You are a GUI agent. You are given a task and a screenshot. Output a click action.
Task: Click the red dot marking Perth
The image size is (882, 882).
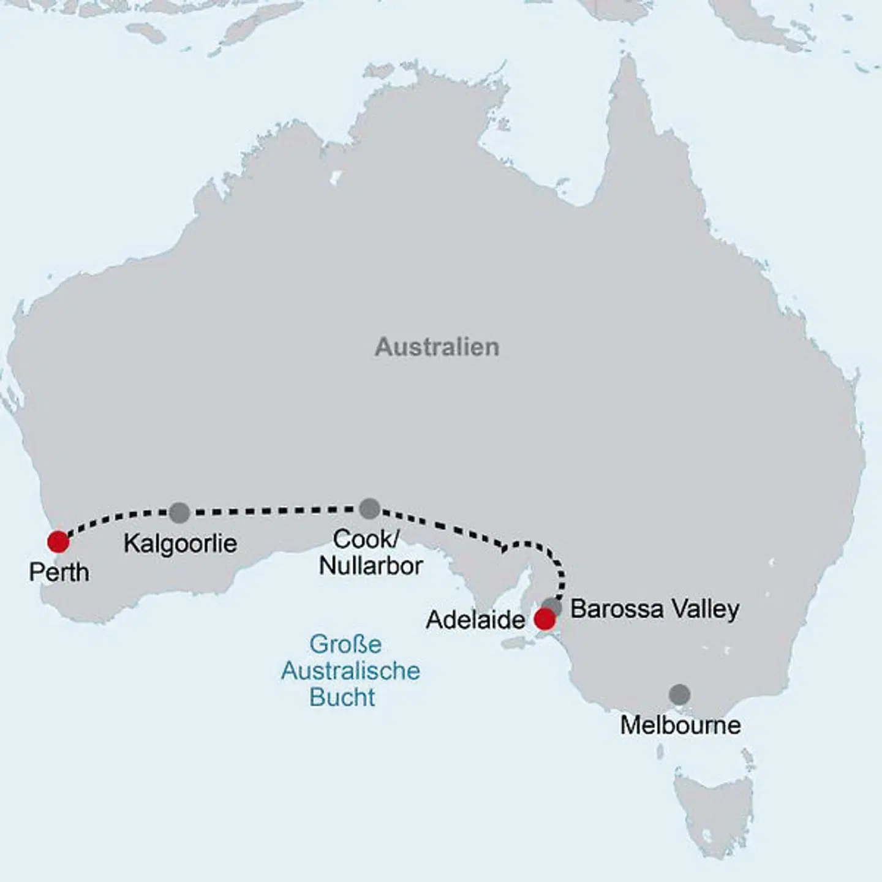[58, 541]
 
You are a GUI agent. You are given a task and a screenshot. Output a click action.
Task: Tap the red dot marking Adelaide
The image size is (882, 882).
[545, 619]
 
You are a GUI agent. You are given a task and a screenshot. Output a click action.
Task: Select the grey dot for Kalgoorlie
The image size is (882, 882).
[179, 512]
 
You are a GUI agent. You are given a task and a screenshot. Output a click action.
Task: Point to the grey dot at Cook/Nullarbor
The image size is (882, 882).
[369, 508]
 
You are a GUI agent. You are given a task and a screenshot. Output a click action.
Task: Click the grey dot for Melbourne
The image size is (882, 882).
[679, 695]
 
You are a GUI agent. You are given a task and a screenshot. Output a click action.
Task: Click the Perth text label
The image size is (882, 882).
[59, 573]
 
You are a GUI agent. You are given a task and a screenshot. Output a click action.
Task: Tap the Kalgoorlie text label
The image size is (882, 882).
[180, 544]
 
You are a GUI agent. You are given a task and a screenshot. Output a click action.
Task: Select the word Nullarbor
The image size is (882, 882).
[371, 566]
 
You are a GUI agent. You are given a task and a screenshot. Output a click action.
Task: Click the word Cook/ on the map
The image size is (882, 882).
[366, 540]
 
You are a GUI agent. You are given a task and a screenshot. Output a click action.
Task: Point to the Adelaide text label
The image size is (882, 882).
[475, 620]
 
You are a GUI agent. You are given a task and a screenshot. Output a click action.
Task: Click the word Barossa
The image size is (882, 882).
[617, 609]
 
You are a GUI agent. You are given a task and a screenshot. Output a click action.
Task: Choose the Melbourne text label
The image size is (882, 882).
[680, 725]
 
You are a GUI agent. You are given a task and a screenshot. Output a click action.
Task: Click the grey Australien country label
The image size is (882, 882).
[437, 347]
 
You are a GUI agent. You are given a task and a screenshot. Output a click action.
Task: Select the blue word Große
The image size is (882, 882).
[345, 644]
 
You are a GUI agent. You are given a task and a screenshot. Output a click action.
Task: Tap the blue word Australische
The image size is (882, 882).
[350, 671]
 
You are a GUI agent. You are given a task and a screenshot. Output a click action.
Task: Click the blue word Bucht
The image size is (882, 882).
[342, 697]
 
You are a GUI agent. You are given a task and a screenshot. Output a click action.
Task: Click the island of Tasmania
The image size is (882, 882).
[714, 809]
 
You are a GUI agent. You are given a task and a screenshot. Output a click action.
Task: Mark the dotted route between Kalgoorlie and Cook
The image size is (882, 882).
[276, 510]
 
